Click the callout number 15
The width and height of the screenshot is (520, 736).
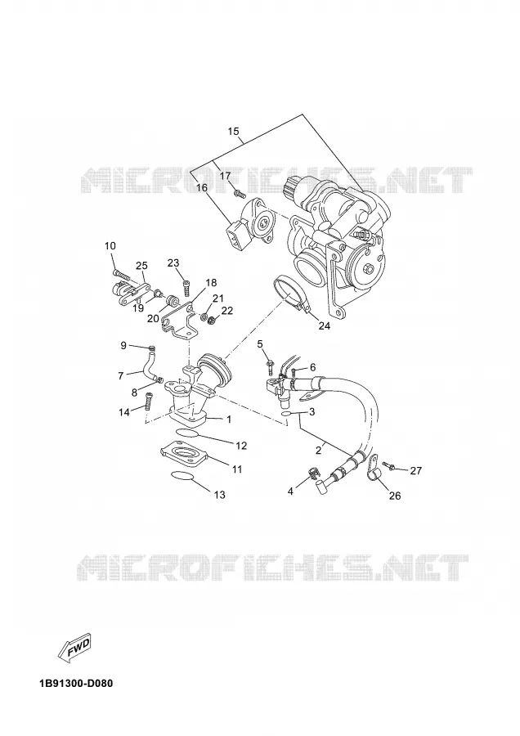[x=233, y=132]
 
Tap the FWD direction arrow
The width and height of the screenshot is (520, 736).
[x=74, y=648]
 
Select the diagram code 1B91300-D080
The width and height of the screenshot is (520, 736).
[x=76, y=683]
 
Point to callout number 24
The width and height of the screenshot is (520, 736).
[x=325, y=325]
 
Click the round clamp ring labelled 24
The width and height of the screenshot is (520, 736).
[x=290, y=294]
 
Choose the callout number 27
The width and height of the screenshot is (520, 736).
[x=416, y=470]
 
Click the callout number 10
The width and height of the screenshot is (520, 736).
[x=110, y=245]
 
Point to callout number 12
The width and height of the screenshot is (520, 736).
[x=240, y=446]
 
